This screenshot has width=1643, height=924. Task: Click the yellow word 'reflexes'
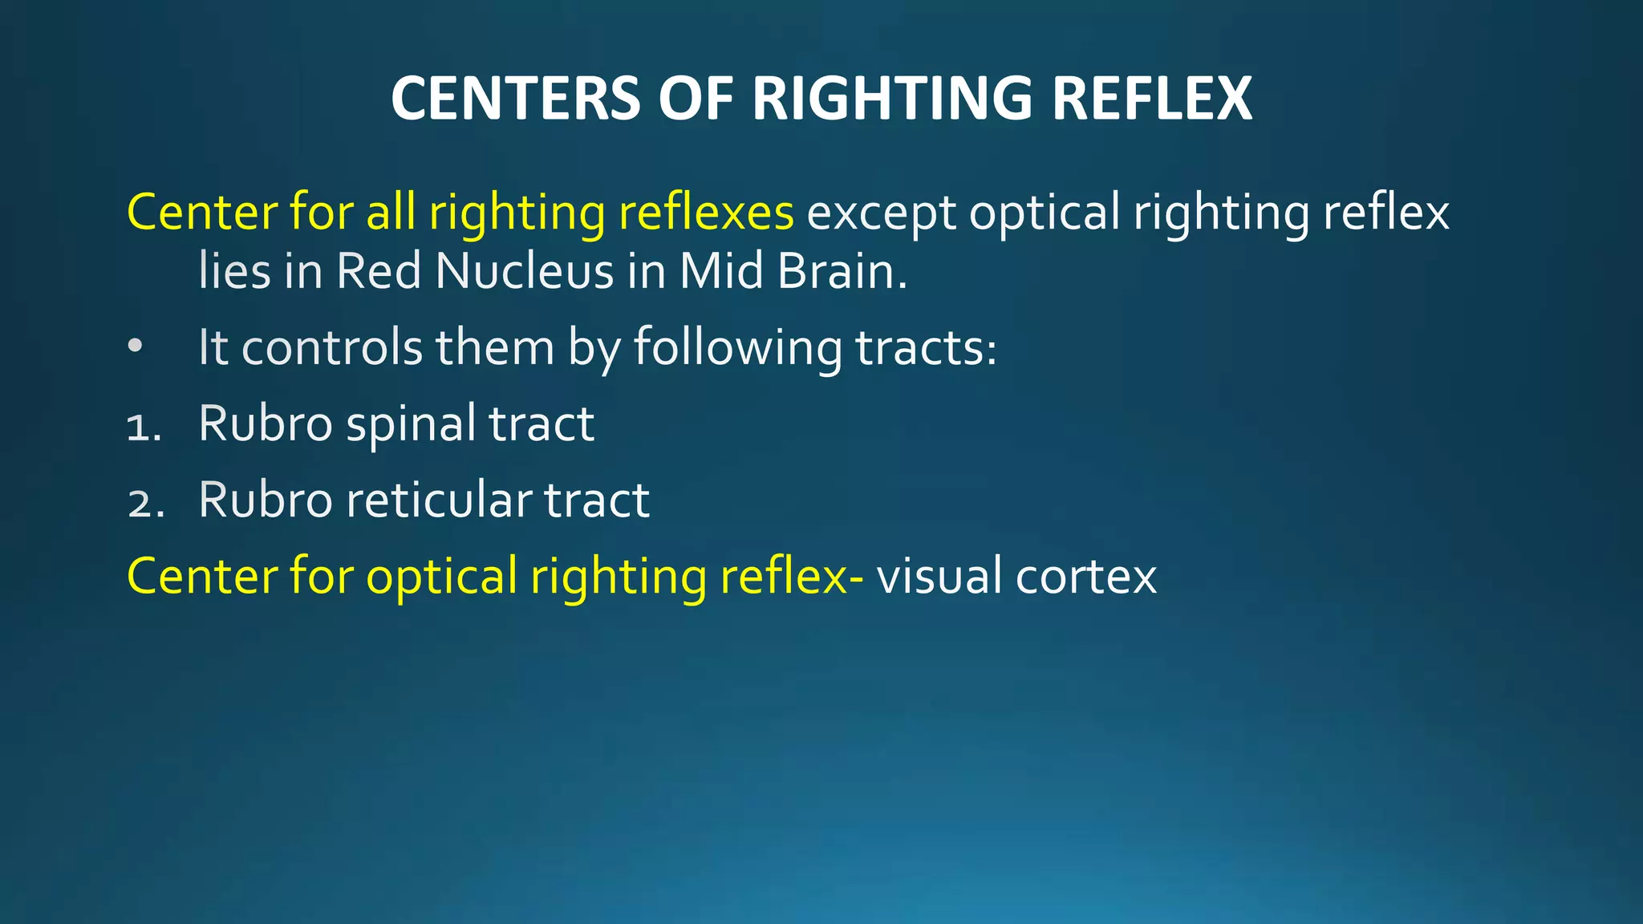point(706,213)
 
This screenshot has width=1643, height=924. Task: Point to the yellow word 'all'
point(391,213)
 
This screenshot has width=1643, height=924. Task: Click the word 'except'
point(881,214)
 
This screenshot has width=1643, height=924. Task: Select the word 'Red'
point(379,271)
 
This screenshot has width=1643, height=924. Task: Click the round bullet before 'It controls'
point(135,346)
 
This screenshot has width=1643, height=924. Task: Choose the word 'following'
point(738,349)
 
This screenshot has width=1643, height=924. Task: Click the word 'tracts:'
point(927,348)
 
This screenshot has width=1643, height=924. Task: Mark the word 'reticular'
point(439,500)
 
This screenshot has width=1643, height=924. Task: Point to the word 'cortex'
point(1086,577)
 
